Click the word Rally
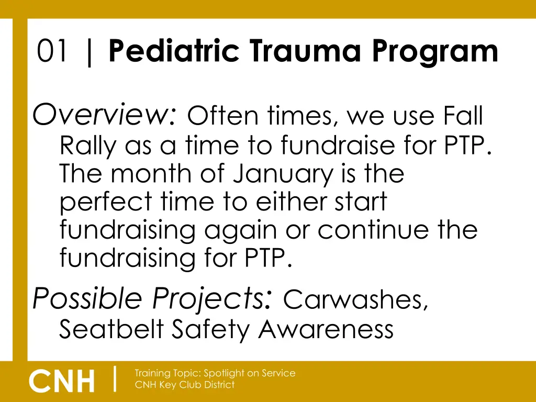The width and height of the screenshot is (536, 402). (87, 146)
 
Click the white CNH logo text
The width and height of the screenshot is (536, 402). (62, 381)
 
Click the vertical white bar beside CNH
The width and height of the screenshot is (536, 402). (115, 379)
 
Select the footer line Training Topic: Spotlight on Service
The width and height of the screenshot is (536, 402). (215, 373)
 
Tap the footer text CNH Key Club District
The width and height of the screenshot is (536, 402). (185, 385)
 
